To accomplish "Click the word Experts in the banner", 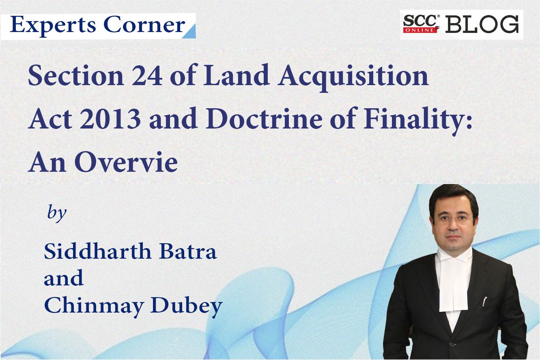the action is point(53,26).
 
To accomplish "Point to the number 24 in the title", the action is point(147,75).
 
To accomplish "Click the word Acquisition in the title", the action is point(353,77).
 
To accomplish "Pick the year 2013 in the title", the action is point(110,120).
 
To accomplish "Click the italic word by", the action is point(57,213).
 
